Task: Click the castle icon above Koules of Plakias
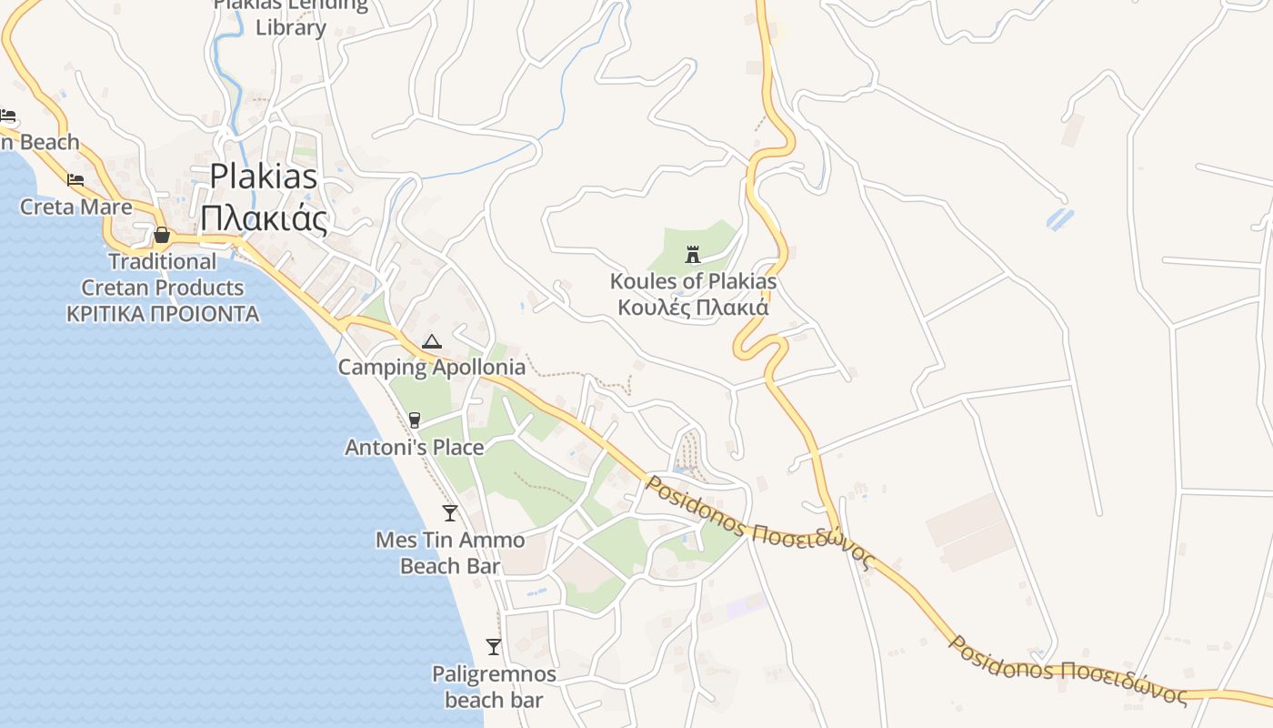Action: [x=693, y=254]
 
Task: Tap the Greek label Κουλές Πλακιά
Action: [x=693, y=308]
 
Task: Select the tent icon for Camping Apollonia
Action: [x=431, y=342]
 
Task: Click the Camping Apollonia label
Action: [x=431, y=368]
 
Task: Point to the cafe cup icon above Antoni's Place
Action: [x=415, y=420]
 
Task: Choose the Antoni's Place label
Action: [x=414, y=448]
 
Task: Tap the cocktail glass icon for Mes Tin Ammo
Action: [x=450, y=512]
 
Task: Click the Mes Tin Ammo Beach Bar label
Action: [x=450, y=553]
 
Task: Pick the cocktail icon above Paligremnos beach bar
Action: [x=494, y=647]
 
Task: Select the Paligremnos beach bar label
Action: [x=494, y=687]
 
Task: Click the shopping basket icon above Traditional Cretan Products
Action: [x=162, y=235]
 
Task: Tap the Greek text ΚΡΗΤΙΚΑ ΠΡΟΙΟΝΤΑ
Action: [x=163, y=315]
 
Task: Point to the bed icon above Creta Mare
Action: [x=75, y=179]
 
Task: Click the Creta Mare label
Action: [x=76, y=207]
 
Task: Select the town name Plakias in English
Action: [x=264, y=176]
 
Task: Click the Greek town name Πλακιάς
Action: [x=264, y=218]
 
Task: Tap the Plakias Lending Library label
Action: [x=291, y=16]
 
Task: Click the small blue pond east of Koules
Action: [x=1060, y=219]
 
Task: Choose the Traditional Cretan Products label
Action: [x=163, y=275]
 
